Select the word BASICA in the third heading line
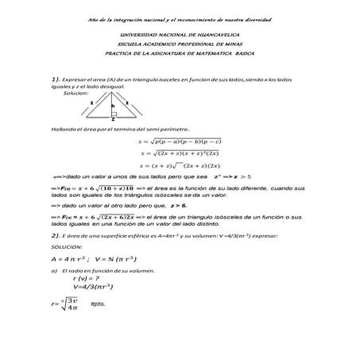[x=241, y=53]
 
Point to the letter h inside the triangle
[x=113, y=105]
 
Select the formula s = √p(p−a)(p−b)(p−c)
[x=185, y=141]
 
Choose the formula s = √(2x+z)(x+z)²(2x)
[x=185, y=153]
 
